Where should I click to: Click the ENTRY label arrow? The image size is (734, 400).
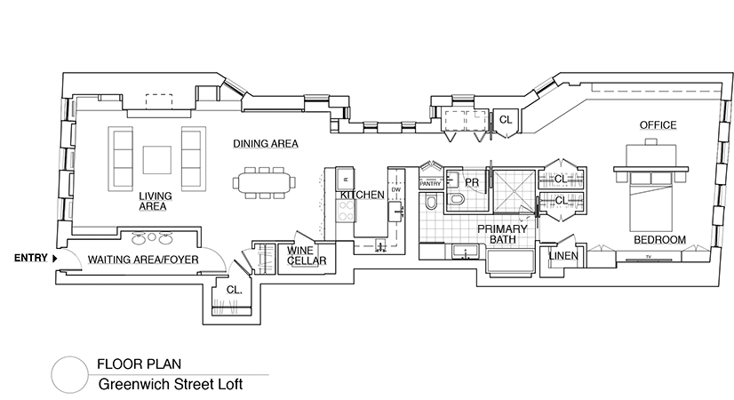tap(55, 258)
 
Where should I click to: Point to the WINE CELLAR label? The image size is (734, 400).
tap(307, 256)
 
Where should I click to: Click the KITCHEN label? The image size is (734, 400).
tap(362, 195)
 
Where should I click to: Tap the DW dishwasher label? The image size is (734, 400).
tap(396, 189)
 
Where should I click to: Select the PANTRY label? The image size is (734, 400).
tap(430, 185)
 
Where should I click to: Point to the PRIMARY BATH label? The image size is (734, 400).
tap(504, 235)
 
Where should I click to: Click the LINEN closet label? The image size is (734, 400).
tap(564, 256)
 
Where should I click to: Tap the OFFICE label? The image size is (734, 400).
tap(658, 125)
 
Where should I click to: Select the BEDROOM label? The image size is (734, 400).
tap(659, 240)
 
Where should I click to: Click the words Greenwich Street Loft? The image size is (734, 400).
tap(170, 386)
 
